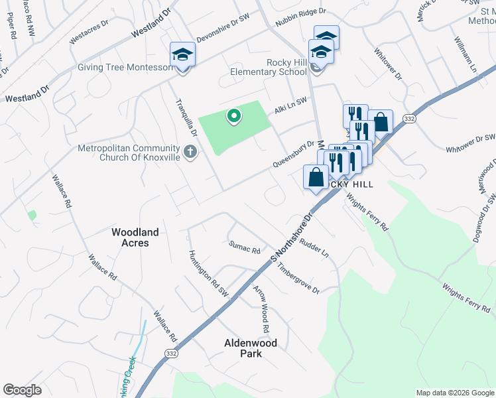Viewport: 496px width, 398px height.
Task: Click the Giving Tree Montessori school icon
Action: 182,55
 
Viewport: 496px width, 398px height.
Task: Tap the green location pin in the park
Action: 233,116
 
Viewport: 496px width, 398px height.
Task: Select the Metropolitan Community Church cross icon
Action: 190,153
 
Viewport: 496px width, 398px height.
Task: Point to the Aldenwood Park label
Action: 251,348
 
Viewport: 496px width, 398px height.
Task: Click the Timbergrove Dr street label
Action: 298,281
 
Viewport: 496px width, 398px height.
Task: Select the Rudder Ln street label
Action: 314,248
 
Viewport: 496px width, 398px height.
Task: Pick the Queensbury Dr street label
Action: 292,154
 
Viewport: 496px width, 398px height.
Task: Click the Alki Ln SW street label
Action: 291,105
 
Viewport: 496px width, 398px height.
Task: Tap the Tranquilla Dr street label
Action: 186,117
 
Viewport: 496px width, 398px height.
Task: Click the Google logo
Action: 23,390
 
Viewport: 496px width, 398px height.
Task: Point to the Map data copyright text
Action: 454,393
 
